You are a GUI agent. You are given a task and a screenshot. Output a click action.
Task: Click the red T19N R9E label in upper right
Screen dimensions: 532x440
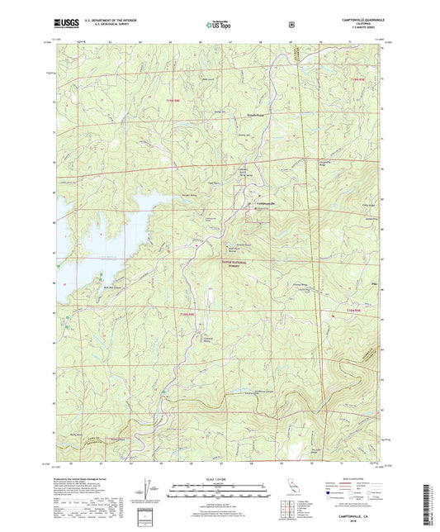[357, 78]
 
